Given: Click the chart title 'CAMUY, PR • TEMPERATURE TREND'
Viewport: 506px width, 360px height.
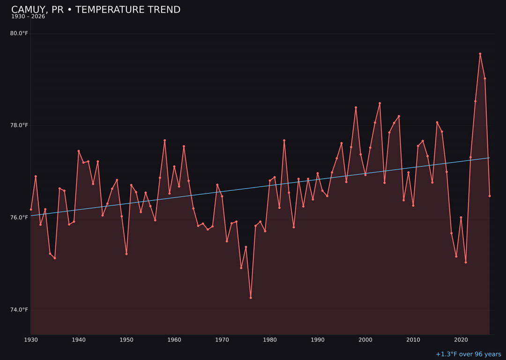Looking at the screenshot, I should pos(96,10).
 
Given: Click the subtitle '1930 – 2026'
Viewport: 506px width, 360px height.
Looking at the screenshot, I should pos(28,17).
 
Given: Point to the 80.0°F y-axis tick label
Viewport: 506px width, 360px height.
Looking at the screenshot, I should pos(19,33).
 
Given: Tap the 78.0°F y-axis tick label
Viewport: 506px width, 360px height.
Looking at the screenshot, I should pos(19,125).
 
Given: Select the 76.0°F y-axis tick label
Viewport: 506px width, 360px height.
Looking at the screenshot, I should pos(19,217).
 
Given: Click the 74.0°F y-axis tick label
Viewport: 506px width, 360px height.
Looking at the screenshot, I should pos(19,310).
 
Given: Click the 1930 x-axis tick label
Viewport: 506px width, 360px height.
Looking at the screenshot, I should pos(31,339).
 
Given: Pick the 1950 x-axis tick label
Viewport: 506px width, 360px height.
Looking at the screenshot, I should pos(126,339).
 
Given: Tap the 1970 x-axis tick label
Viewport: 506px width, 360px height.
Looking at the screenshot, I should pos(222,339).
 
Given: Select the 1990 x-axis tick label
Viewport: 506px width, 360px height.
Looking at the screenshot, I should pos(318,339).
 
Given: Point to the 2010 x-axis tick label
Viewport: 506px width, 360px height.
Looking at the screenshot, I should pos(413,339).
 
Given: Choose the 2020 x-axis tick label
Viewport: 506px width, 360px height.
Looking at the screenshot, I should pos(461,339).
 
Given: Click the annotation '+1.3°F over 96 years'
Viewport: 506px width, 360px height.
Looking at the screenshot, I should pos(468,354).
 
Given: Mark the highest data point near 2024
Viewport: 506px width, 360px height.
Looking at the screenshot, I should pos(480,54).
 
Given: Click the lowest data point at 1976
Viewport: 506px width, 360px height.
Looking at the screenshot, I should pos(251,298).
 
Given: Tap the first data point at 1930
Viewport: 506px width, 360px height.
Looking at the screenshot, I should pos(31,210).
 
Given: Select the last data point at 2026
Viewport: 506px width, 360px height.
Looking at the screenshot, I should pos(490,196).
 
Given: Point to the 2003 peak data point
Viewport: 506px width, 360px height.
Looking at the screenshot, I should pos(379,103).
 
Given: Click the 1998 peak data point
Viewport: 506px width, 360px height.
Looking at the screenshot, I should pos(356,107).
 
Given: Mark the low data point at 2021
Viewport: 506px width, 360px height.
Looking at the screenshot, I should pos(466,262).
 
